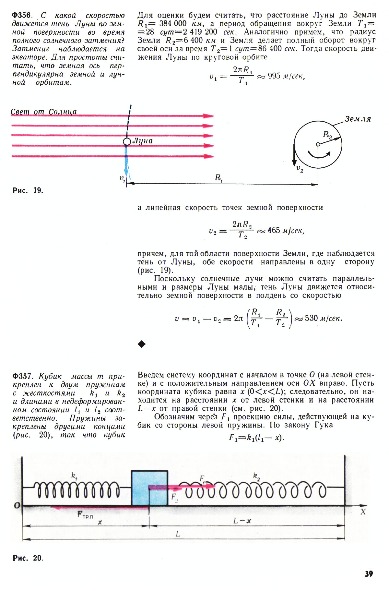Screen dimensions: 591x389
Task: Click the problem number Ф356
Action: coord(21,15)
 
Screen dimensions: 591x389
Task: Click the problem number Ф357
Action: coord(21,376)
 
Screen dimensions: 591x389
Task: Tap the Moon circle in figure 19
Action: coord(127,142)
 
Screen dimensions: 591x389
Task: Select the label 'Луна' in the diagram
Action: coord(143,141)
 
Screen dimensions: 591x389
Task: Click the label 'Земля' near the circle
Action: coord(358,119)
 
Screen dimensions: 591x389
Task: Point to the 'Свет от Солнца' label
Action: coord(44,112)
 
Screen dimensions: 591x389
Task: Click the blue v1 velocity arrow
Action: coord(126,162)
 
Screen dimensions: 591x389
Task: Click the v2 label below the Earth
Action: coord(300,169)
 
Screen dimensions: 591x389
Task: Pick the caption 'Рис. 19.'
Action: coord(28,190)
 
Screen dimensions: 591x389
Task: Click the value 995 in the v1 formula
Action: coord(274,76)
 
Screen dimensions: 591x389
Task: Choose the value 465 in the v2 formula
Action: coord(274,230)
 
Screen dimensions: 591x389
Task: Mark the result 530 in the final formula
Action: coord(311,318)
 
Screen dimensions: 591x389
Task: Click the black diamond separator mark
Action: coord(142,344)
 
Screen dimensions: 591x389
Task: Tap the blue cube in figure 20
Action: coord(149,488)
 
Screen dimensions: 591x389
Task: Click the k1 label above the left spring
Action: coord(75,476)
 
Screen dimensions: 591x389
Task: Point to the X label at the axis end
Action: coord(363,512)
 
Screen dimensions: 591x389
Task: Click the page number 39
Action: coord(369,574)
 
